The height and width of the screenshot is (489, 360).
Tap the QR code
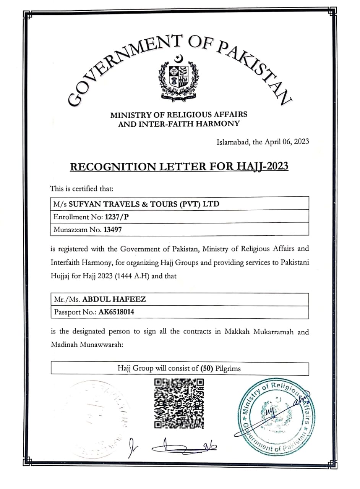pyautogui.click(x=179, y=403)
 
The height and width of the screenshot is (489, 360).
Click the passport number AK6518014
pyautogui.click(x=116, y=312)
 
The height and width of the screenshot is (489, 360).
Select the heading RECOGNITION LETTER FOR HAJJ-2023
pyautogui.click(x=179, y=167)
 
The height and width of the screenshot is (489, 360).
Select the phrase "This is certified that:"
pyautogui.click(x=82, y=188)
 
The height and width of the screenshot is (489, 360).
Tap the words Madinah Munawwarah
pyautogui.click(x=86, y=344)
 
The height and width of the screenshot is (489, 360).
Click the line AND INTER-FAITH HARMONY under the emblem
pyautogui.click(x=179, y=124)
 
